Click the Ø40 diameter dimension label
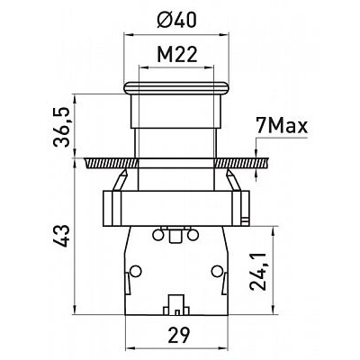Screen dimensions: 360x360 coord(176,21)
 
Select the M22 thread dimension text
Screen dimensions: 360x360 coord(177,55)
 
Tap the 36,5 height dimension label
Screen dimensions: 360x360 coord(61,127)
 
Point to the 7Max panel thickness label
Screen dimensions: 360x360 coord(282,126)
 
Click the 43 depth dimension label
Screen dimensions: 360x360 coord(61,236)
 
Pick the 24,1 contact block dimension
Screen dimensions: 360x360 coord(258,271)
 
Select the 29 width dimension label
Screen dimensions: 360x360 coord(179,335)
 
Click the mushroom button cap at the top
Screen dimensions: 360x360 coord(176,88)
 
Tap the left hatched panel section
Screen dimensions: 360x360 coord(112,163)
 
